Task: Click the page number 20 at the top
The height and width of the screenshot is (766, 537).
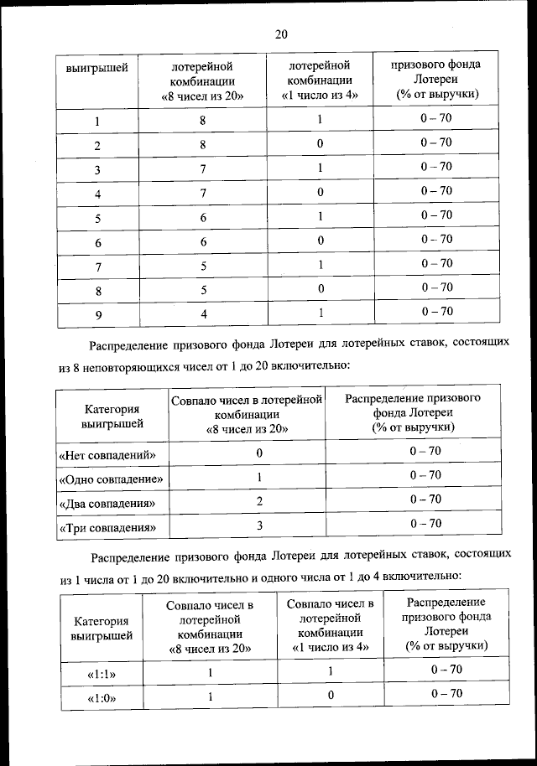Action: tap(280, 34)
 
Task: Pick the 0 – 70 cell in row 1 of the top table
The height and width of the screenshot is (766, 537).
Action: tap(436, 119)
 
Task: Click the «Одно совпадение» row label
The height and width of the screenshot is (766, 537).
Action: tap(112, 479)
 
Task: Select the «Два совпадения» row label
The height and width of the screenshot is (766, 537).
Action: tap(108, 504)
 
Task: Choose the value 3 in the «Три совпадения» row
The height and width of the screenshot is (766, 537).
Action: tap(260, 526)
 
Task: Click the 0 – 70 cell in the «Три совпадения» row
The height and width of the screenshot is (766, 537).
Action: tap(425, 524)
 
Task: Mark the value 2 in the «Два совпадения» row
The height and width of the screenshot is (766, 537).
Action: tap(260, 501)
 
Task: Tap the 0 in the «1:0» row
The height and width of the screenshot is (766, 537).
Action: tap(331, 696)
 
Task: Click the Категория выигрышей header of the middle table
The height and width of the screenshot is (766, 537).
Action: tap(112, 417)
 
